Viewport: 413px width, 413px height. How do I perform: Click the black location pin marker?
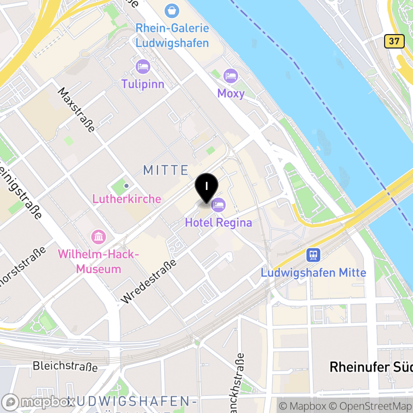tap(206, 187)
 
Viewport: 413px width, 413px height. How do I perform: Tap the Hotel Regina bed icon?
tap(218, 205)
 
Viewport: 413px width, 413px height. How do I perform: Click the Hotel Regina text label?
tap(218, 223)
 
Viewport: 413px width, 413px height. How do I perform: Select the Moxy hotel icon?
tap(231, 76)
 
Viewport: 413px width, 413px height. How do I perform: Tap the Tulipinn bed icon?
tap(143, 67)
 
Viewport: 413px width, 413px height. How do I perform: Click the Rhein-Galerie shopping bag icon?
tap(172, 10)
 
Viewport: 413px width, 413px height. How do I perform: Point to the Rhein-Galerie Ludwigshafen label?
tap(172, 35)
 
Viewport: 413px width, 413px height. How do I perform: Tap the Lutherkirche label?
tap(126, 199)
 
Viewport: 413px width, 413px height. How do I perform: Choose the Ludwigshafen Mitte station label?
tap(313, 273)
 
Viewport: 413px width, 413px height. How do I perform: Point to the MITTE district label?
tap(166, 170)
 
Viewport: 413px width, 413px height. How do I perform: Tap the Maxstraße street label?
tap(76, 110)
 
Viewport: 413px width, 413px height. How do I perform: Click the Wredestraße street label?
tap(149, 281)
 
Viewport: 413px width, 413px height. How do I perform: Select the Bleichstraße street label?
tap(65, 367)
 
